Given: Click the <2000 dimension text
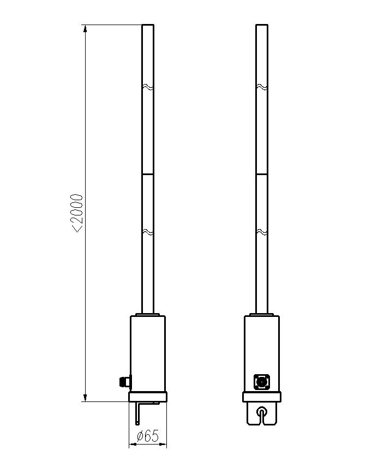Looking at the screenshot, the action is [76, 213].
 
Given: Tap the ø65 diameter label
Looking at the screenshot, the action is [148, 436].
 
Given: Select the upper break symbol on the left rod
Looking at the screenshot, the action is [148, 87].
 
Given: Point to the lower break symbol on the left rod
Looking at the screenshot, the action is [148, 232].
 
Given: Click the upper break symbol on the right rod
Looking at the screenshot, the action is [262, 87].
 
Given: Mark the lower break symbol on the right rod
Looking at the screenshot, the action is [262, 232].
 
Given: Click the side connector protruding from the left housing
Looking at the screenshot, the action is [125, 382].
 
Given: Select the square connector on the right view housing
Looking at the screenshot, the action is [262, 382].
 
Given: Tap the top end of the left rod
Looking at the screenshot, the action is [148, 25].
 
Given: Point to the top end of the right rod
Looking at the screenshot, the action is [262, 25].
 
